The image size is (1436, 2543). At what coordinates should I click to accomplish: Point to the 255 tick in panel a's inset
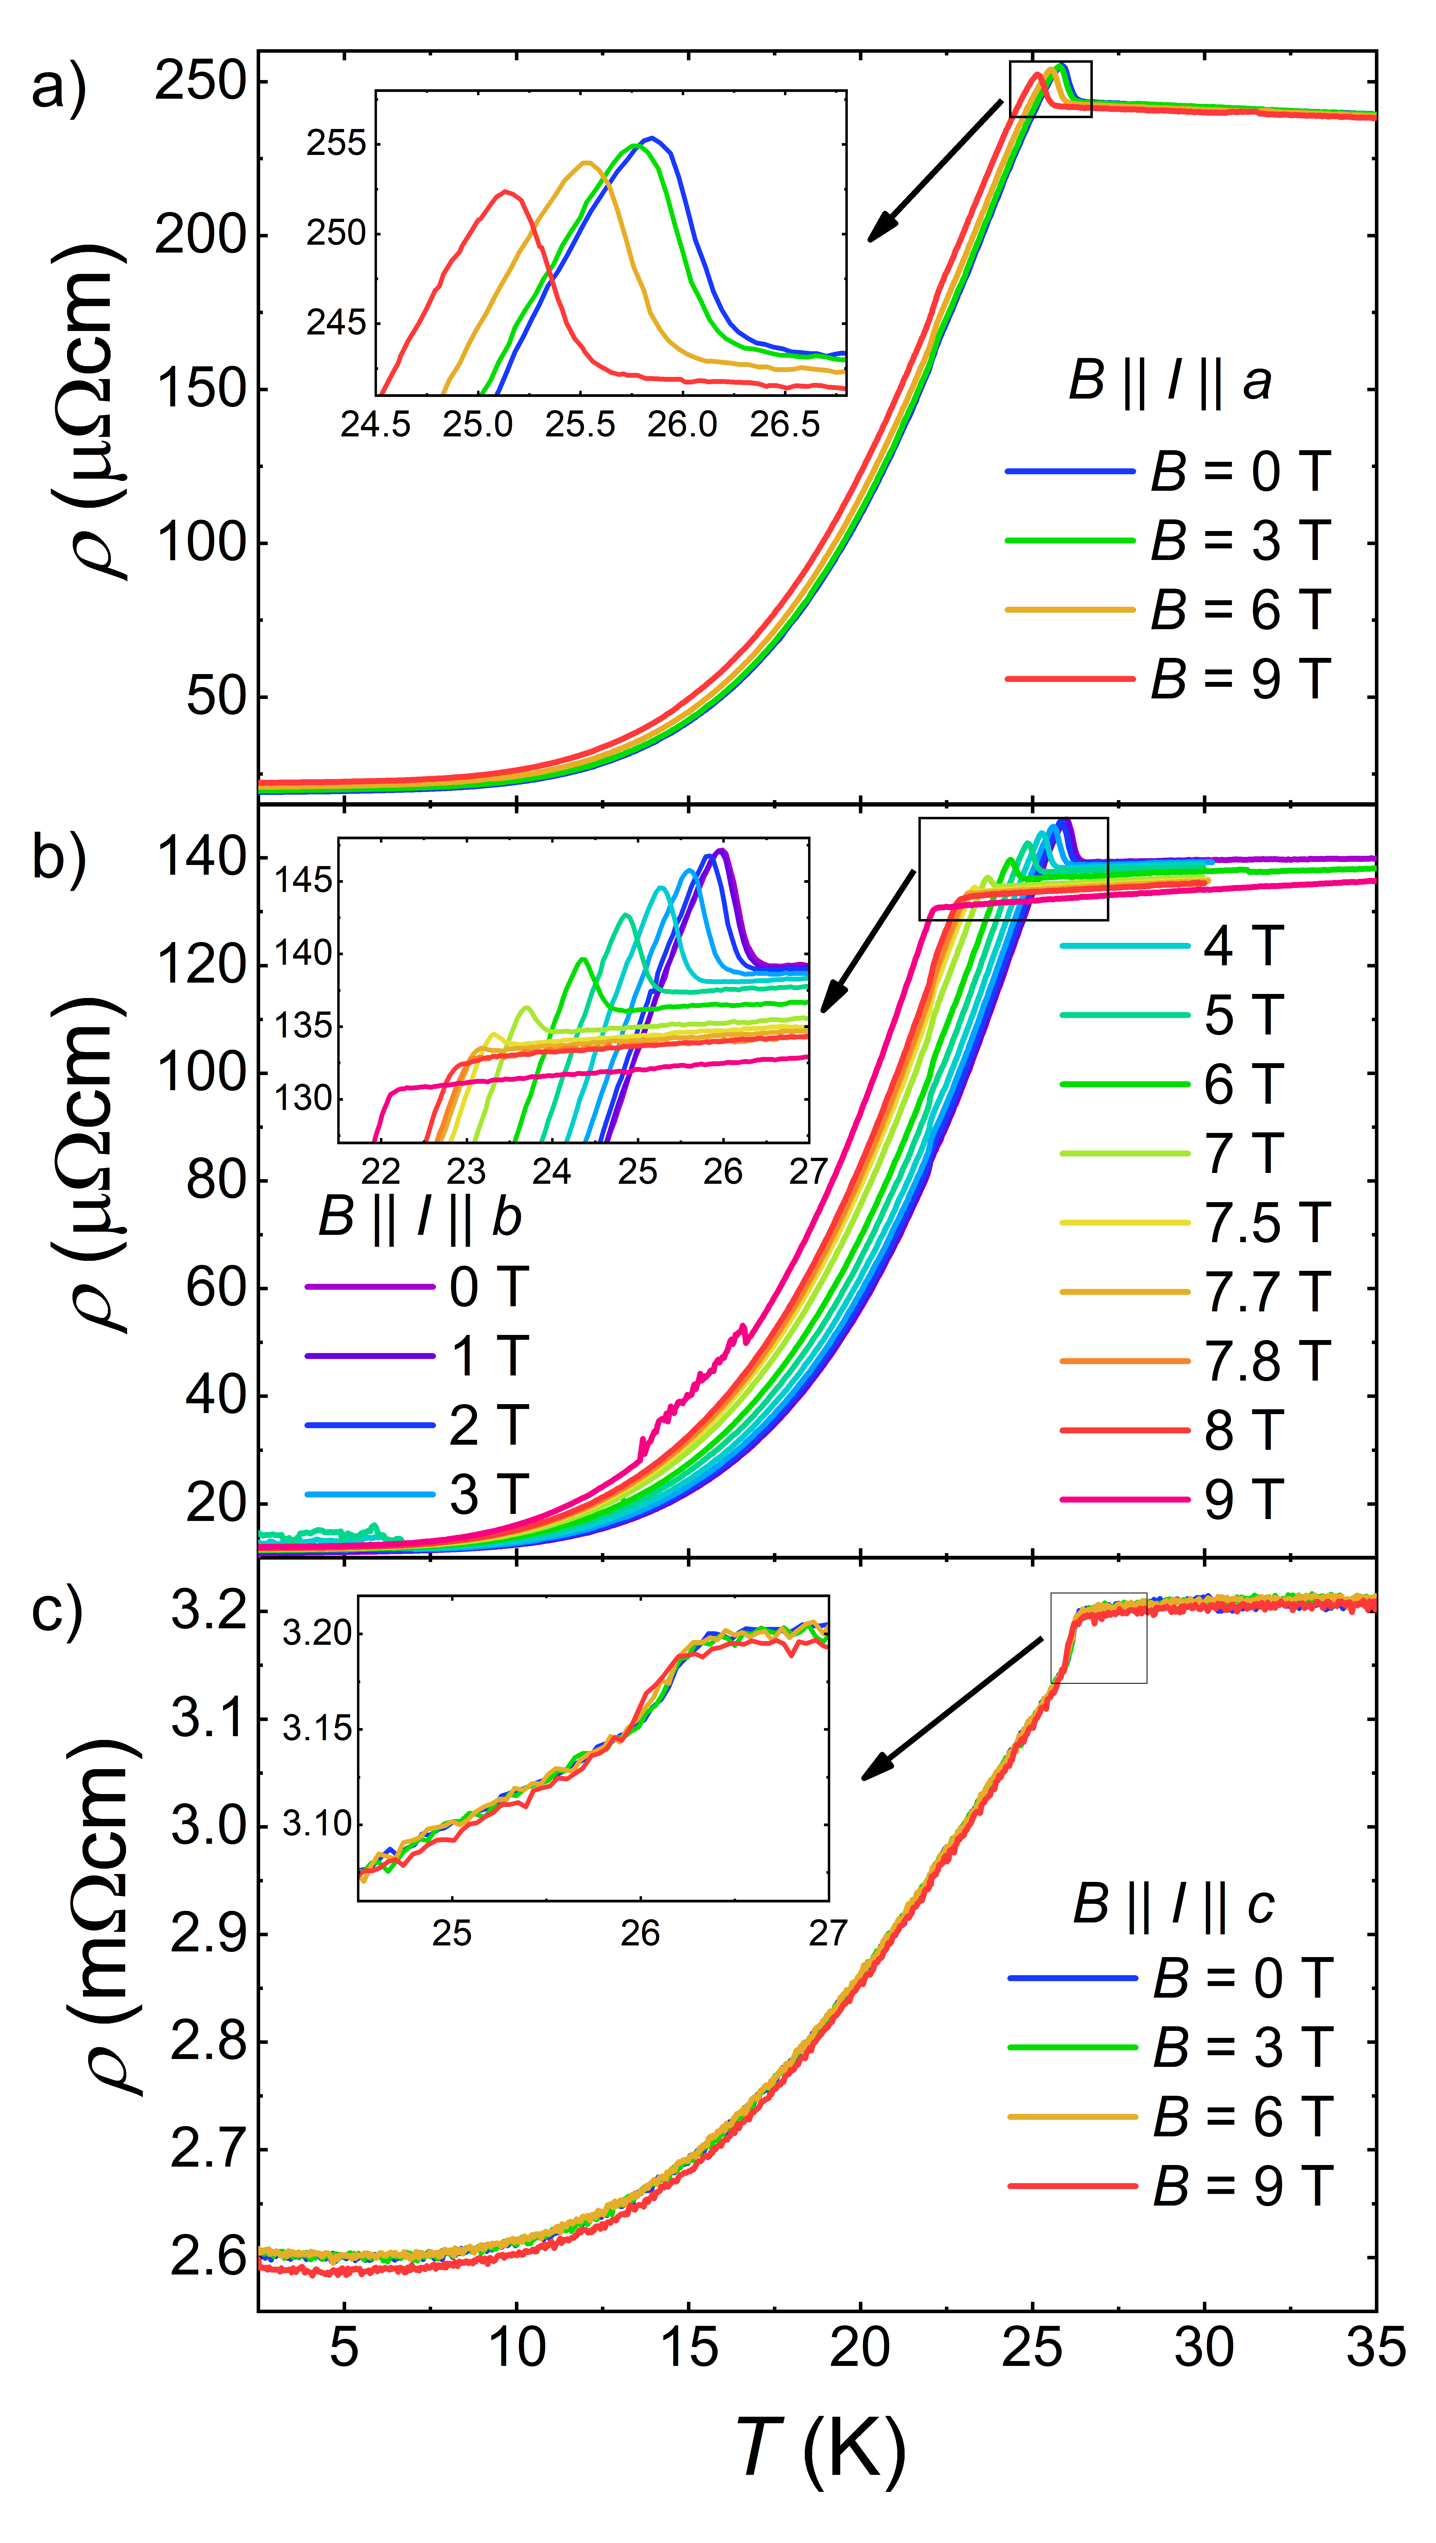pos(336,144)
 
